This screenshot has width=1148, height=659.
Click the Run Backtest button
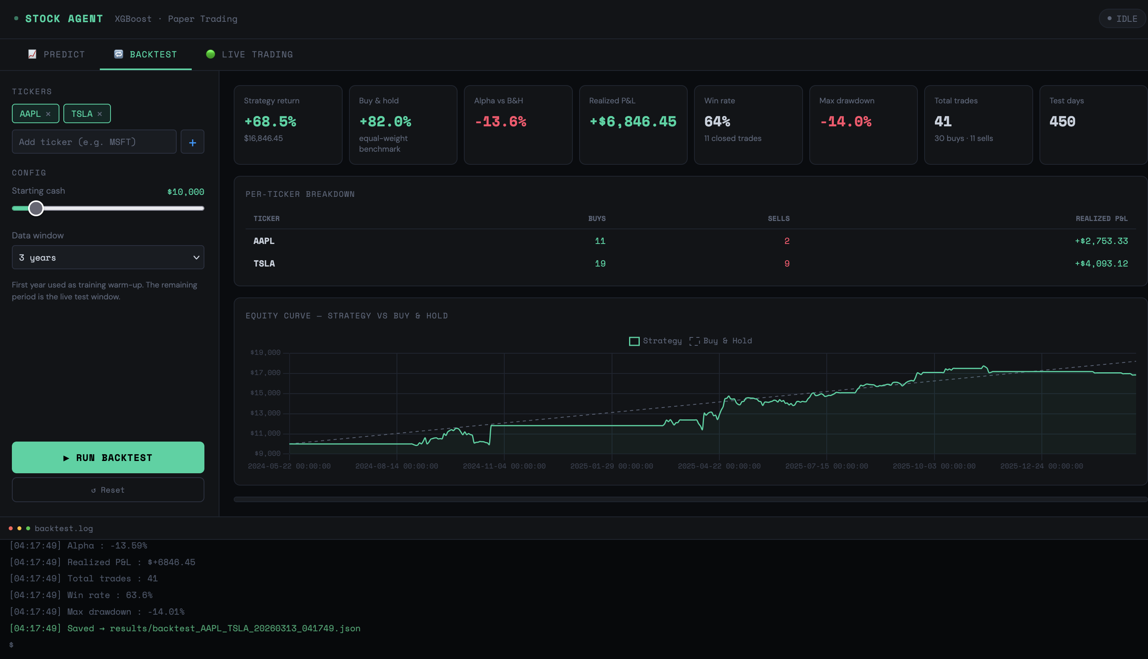pos(108,457)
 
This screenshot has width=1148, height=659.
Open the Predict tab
pos(57,54)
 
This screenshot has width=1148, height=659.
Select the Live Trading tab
pos(250,54)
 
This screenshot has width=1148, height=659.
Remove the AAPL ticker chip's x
pos(48,114)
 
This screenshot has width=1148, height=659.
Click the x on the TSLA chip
pos(99,114)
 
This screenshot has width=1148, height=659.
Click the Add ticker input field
pos(94,142)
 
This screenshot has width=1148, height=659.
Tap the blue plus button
pos(193,142)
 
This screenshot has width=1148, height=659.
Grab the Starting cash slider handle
pos(36,208)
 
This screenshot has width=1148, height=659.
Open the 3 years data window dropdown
pos(108,257)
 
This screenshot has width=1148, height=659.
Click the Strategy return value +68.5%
pos(270,121)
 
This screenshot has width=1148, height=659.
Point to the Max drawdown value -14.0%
pos(845,121)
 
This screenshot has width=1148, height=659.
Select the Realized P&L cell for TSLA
pos(1101,263)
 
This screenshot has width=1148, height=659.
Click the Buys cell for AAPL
pos(600,241)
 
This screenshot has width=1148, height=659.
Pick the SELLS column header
pos(779,219)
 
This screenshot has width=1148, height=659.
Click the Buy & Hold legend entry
pos(720,341)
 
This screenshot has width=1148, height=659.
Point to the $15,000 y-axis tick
pos(265,393)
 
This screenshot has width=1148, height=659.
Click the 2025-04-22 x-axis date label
pos(719,466)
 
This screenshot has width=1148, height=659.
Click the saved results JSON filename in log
pos(235,628)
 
